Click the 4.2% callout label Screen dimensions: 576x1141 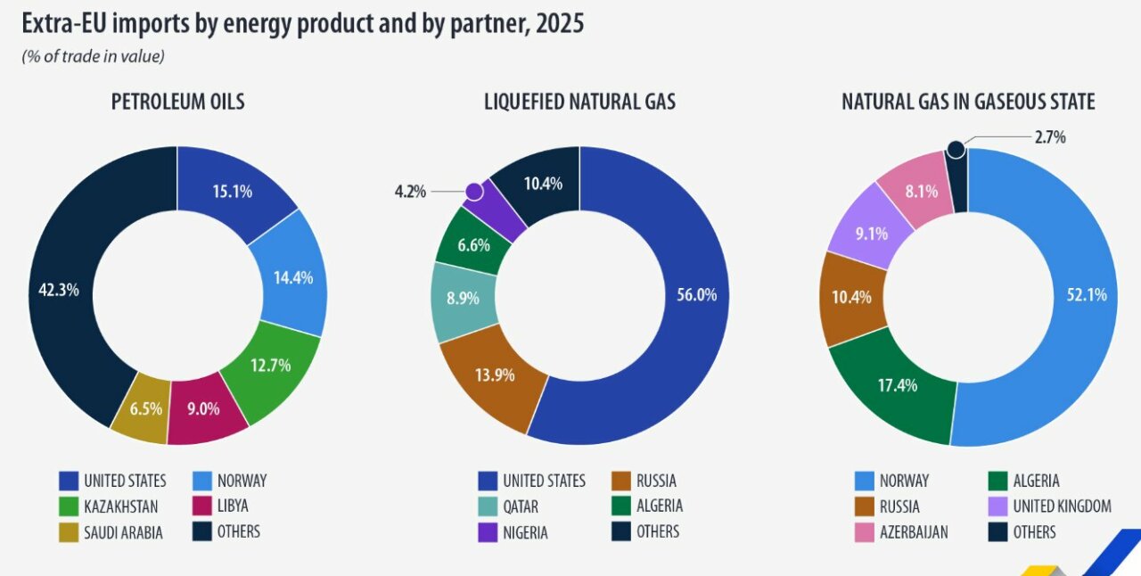pos(411,191)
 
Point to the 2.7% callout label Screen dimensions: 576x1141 pos(1050,137)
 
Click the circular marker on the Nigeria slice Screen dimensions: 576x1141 pos(474,191)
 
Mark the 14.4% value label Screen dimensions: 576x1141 pos(293,277)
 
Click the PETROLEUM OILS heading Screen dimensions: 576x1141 pos(177,102)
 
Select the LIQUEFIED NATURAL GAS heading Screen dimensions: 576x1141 pos(579,102)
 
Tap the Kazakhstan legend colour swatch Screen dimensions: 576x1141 pos(68,506)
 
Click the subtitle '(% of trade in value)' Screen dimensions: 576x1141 pos(94,56)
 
